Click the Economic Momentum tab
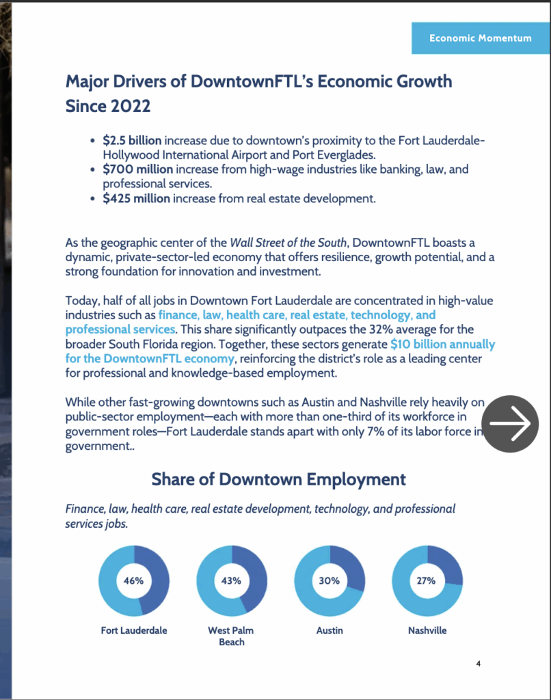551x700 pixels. click(x=480, y=38)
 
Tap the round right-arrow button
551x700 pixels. click(x=510, y=424)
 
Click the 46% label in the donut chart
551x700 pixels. click(x=133, y=581)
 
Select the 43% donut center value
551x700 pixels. click(x=231, y=581)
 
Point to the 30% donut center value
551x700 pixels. click(x=329, y=581)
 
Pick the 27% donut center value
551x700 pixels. click(x=427, y=581)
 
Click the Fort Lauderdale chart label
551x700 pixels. click(x=134, y=630)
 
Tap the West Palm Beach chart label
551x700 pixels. click(x=231, y=636)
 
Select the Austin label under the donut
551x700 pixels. click(x=329, y=630)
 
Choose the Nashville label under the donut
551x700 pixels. click(x=427, y=630)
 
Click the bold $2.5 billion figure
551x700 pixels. click(x=132, y=141)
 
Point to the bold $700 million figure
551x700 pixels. click(x=137, y=170)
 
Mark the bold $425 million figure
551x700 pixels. click(x=137, y=199)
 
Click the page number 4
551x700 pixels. click(x=479, y=663)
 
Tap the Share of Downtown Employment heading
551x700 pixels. click(x=278, y=479)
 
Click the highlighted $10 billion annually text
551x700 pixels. click(x=442, y=345)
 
